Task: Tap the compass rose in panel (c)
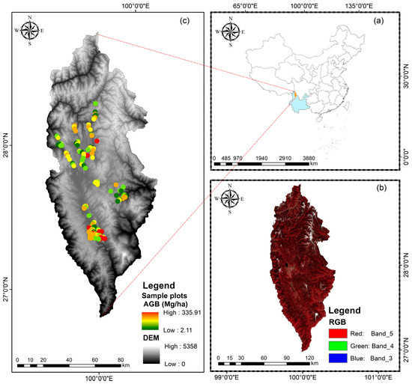point(31,31)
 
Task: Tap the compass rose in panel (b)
point(231,199)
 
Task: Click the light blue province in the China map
point(300,106)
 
